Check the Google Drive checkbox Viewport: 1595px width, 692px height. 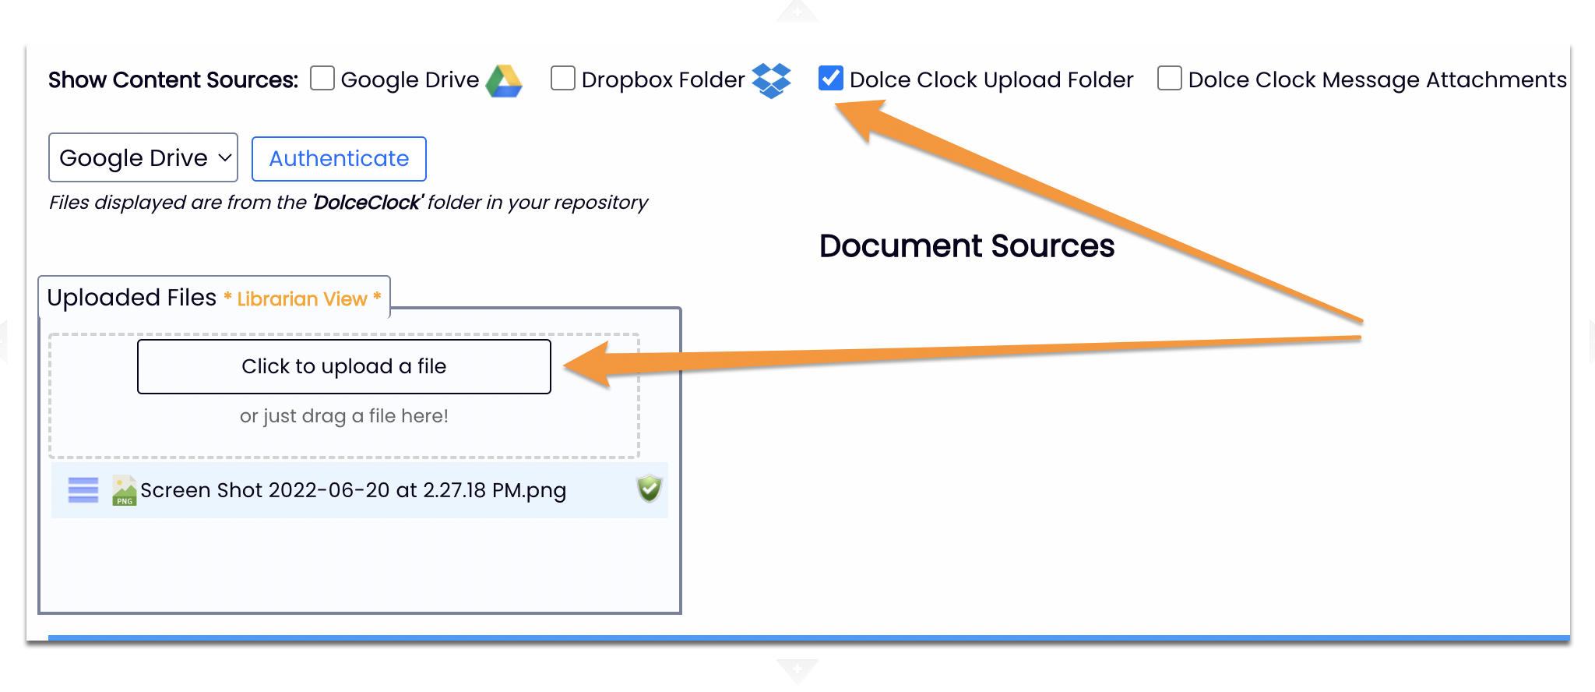(322, 79)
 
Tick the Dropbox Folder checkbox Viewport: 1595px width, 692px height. (563, 79)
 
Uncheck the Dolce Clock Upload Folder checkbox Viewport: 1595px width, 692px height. (831, 79)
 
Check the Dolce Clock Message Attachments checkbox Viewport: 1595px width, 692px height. (1170, 79)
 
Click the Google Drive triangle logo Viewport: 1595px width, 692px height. (504, 81)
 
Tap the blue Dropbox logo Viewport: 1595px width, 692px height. (771, 80)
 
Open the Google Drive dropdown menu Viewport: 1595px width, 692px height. (143, 157)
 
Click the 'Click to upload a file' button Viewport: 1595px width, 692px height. (343, 366)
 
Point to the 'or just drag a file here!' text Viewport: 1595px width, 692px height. (343, 416)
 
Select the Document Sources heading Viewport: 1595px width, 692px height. (967, 246)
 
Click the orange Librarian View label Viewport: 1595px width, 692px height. (302, 299)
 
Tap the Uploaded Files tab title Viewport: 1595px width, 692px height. (132, 298)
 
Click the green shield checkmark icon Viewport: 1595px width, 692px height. (649, 489)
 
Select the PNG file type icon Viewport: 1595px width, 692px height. (124, 491)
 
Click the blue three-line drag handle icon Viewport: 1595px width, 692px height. (83, 490)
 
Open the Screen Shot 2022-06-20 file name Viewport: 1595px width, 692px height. (353, 490)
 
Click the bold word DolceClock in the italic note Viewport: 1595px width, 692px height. (367, 203)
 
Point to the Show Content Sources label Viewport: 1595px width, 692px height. (173, 79)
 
